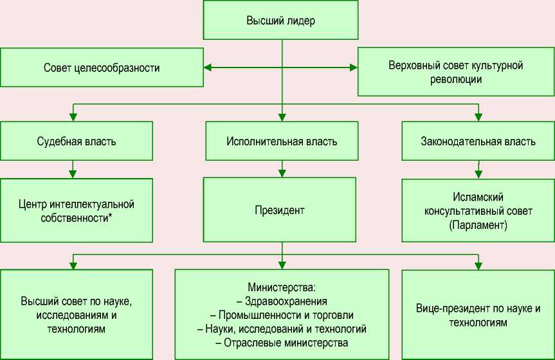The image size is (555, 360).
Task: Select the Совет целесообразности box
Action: click(102, 67)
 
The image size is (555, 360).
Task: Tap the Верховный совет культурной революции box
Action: click(455, 72)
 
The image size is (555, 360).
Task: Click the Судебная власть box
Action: click(77, 141)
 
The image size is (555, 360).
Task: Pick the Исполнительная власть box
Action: click(282, 141)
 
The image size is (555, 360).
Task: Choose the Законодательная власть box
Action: click(477, 141)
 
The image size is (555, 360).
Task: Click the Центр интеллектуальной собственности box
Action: click(77, 210)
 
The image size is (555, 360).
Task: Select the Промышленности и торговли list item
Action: click(282, 315)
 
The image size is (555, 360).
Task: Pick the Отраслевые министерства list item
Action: click(282, 343)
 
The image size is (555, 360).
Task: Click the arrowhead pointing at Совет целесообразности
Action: click(208, 67)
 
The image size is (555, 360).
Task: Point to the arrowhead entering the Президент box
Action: click(282, 173)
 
